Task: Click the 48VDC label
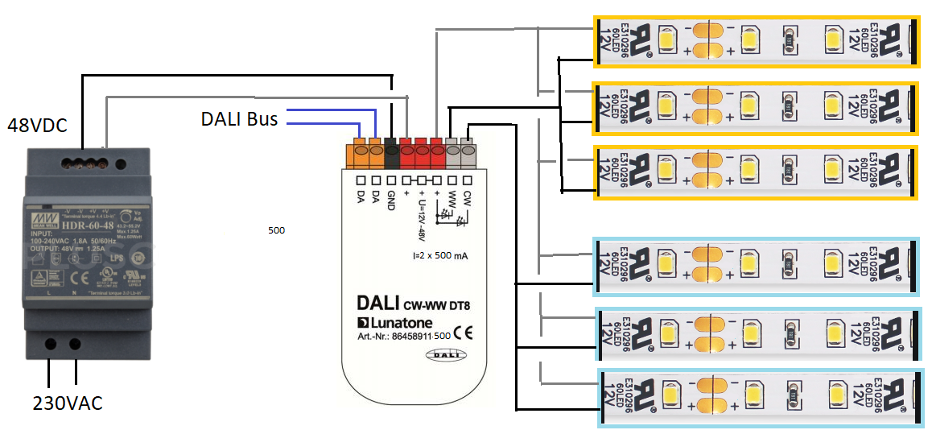pyautogui.click(x=37, y=126)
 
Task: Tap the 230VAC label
pyautogui.click(x=68, y=403)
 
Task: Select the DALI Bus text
pyautogui.click(x=239, y=120)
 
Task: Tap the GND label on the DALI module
pyautogui.click(x=392, y=200)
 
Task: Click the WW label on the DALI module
pyautogui.click(x=452, y=198)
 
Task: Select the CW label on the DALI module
pyautogui.click(x=467, y=198)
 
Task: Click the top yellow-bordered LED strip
pyautogui.click(x=755, y=40)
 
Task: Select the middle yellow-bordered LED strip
pyautogui.click(x=755, y=108)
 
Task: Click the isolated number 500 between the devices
pyautogui.click(x=276, y=230)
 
